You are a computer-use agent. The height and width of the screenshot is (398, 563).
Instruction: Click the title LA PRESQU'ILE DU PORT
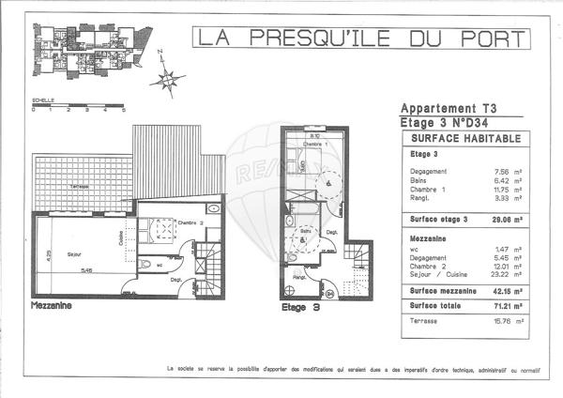coord(359,38)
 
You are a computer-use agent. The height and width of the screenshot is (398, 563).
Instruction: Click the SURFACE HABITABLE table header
coord(461,137)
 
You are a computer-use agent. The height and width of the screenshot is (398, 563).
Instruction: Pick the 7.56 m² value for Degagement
coord(509,171)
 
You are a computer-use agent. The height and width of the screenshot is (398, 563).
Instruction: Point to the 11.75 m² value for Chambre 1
coord(509,189)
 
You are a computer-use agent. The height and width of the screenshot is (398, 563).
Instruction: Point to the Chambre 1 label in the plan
coord(324,144)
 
